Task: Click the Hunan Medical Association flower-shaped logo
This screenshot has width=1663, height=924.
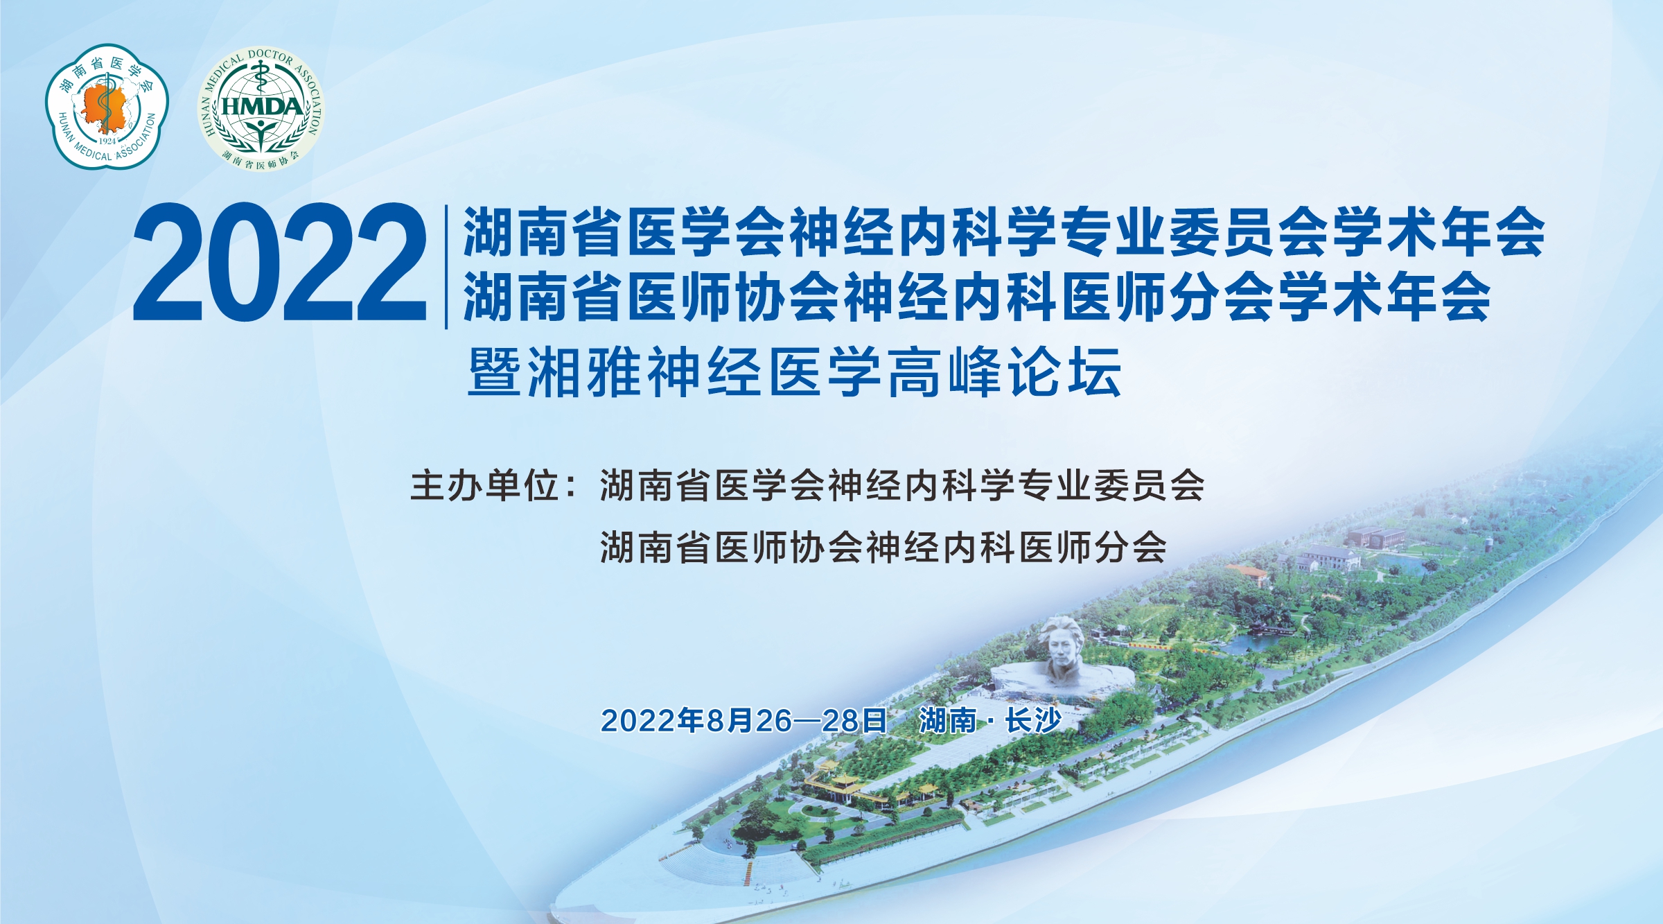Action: coord(107,106)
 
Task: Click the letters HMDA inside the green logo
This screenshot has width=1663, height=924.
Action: coord(262,107)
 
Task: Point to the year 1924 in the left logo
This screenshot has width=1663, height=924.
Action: coord(107,141)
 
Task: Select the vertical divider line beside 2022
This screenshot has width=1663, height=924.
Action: coord(446,267)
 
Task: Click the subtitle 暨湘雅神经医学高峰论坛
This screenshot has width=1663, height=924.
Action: coord(795,372)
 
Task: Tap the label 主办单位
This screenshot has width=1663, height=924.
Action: coord(485,485)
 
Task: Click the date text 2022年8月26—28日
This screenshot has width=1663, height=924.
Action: coord(743,721)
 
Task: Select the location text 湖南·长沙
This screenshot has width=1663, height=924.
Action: coord(990,721)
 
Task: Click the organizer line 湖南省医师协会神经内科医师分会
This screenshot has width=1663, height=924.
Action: coord(883,548)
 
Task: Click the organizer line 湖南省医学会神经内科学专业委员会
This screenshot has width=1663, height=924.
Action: coord(902,485)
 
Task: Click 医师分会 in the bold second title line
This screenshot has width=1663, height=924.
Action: coord(1168,297)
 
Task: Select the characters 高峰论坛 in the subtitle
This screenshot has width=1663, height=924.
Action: coord(1005,372)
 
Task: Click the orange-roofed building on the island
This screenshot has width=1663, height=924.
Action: coord(1247,574)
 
